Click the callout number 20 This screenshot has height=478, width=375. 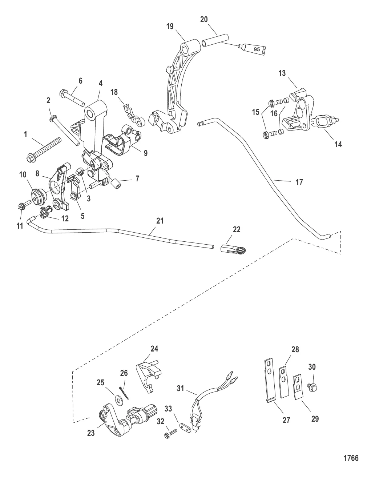click(204, 20)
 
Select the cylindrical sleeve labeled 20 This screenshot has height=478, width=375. click(215, 40)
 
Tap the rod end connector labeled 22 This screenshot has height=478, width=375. click(233, 250)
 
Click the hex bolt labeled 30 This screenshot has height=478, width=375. click(312, 387)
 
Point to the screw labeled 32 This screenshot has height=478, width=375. click(170, 433)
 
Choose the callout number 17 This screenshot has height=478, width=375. click(299, 182)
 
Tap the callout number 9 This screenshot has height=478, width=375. click(145, 153)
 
